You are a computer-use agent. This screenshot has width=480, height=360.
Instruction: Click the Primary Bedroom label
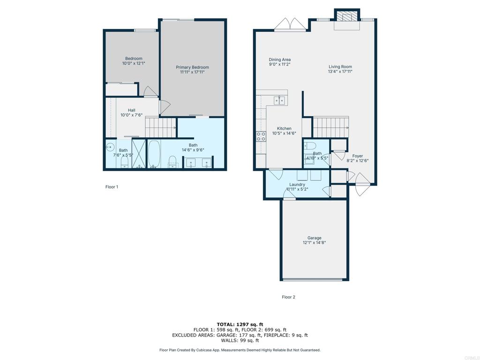point(192,67)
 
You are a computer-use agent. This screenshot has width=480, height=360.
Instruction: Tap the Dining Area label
point(280,60)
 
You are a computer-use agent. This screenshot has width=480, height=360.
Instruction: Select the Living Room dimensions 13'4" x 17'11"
point(340,72)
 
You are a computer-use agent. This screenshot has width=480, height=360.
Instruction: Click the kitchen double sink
point(279,100)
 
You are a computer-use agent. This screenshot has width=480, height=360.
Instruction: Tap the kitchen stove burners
point(261,136)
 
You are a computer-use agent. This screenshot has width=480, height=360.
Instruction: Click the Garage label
point(315,238)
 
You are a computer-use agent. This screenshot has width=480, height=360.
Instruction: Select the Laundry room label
point(297,185)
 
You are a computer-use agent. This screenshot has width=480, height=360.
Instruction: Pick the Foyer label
point(358,156)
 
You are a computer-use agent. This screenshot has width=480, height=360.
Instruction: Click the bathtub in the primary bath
point(154,154)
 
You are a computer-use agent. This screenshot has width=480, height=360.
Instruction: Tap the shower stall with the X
point(139,154)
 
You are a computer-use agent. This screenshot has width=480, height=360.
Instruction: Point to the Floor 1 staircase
point(160,127)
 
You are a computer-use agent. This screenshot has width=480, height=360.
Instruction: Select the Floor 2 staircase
point(330,127)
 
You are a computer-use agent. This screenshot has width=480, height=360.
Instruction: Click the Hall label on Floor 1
point(132,110)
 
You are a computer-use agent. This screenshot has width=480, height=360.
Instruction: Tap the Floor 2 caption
point(288,297)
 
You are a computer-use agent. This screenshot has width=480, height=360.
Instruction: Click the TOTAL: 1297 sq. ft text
point(240,324)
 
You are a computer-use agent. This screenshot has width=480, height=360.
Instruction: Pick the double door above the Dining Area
point(290,24)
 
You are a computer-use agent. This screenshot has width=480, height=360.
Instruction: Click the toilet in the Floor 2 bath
point(310,145)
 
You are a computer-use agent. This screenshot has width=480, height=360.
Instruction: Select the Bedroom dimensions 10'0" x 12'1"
point(134,63)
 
